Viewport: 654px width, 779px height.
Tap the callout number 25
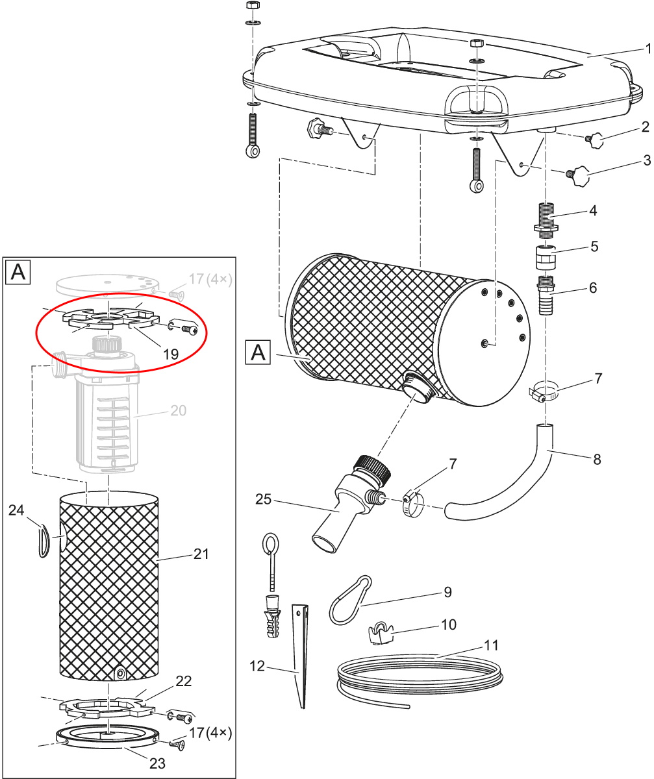coord(263,499)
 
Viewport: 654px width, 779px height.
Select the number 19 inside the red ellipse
coord(171,354)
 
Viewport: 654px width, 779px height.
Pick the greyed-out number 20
coord(178,410)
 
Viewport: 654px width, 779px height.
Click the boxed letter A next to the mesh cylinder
coord(258,352)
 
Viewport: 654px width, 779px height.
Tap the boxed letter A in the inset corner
coord(18,272)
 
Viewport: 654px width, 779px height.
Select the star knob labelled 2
coord(595,140)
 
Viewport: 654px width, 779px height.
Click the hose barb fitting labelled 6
coord(546,295)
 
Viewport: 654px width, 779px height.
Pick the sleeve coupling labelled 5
coord(546,256)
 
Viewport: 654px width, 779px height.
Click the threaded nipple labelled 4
coord(546,221)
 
